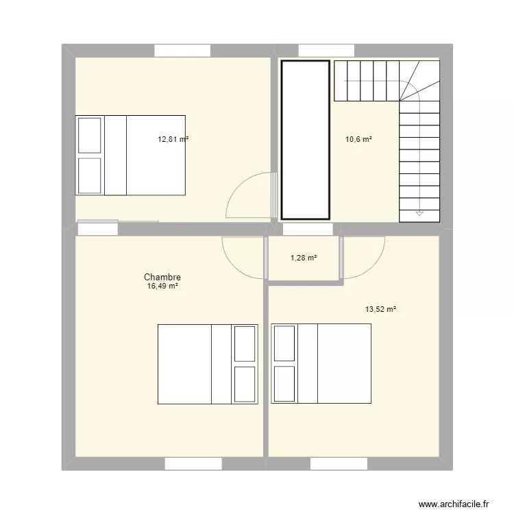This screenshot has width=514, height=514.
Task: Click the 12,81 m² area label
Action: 173,139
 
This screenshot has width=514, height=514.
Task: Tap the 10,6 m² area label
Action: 358,139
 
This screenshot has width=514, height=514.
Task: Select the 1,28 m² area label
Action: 304,258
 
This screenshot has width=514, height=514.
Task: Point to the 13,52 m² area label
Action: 380,309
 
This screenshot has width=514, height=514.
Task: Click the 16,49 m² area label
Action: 162,287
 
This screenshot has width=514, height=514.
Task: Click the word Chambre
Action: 162,278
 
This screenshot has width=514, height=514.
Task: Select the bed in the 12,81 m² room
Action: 130,155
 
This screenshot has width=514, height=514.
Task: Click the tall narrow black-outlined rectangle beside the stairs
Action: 306,140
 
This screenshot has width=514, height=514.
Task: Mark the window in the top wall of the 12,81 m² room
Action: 182,51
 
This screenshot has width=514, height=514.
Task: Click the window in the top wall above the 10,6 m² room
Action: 326,51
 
